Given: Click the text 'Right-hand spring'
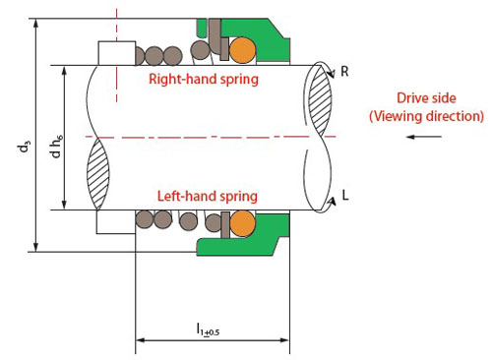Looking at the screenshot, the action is (x=204, y=80).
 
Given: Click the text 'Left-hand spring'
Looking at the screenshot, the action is (x=208, y=197).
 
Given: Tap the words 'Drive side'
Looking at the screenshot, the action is (x=426, y=98).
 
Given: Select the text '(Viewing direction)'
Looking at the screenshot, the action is (x=426, y=116).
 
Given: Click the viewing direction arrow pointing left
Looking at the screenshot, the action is (x=424, y=137).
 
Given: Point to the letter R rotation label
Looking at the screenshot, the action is (x=344, y=71).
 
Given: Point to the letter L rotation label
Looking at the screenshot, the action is (x=345, y=195).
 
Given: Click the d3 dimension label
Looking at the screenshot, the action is (x=25, y=147).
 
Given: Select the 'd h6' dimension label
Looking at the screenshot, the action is (x=57, y=147).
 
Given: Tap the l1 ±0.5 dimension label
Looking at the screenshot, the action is (x=208, y=330).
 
